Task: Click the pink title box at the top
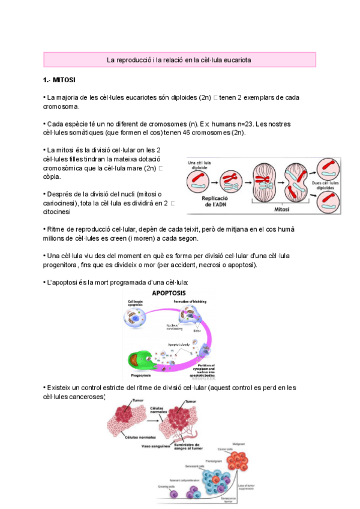coord(179,60)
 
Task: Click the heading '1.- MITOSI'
coord(59,79)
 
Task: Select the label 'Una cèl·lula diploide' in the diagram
coord(200,165)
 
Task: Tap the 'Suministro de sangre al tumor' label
coord(190,445)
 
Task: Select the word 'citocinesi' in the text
coord(58,212)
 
